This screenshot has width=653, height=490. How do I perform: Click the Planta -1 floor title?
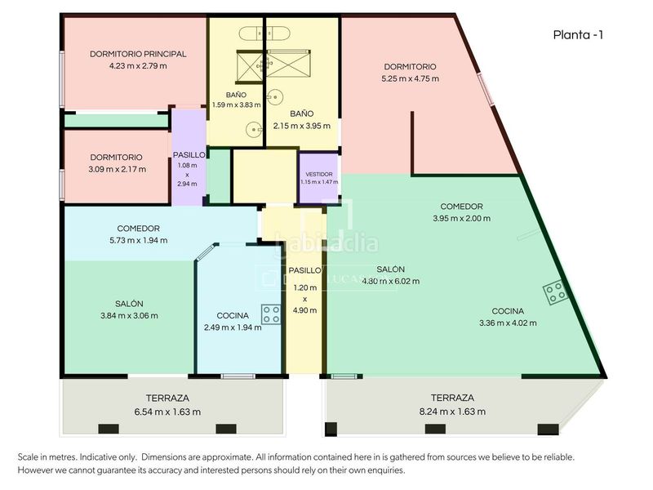tap(578, 35)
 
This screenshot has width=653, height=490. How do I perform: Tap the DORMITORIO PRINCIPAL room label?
tap(138, 54)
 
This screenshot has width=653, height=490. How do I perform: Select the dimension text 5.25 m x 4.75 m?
tap(411, 78)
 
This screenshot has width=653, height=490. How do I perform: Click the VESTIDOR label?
tap(319, 174)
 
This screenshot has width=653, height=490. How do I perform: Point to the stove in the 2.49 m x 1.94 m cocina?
tap(271, 314)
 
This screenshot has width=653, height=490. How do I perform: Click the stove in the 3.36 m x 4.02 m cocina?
tap(555, 292)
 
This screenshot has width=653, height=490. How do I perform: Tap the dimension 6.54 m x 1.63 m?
tap(167, 412)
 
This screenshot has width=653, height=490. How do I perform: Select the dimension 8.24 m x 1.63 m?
tap(452, 412)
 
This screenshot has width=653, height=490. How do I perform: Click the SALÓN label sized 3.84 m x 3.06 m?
tap(129, 304)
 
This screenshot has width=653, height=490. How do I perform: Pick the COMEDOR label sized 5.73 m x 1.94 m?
tap(138, 229)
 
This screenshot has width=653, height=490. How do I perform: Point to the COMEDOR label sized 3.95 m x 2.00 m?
tap(461, 207)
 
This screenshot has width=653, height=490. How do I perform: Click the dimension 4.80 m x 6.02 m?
tap(391, 281)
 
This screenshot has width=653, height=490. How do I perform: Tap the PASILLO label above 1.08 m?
tap(189, 155)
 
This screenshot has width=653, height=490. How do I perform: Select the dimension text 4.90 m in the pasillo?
tap(304, 310)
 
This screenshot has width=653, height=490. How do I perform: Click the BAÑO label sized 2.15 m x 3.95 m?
tap(302, 114)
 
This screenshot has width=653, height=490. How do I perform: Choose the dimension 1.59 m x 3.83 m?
tap(236, 105)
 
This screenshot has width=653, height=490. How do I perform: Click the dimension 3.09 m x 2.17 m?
tap(117, 169)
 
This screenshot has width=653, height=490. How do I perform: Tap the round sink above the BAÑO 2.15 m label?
tap(274, 97)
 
